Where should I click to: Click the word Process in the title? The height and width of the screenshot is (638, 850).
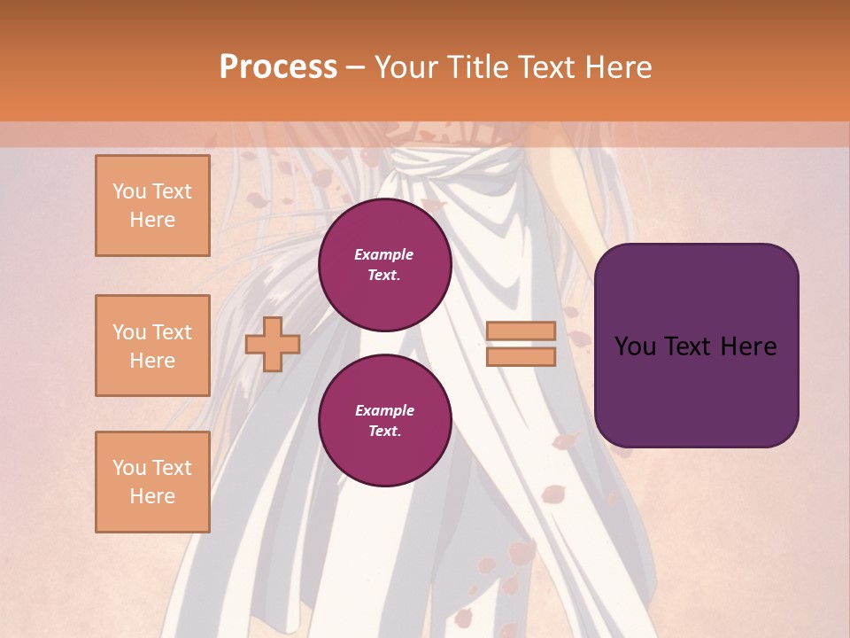(278, 67)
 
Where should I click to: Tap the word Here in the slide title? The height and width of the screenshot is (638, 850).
(614, 67)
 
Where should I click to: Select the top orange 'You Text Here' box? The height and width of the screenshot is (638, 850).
(152, 206)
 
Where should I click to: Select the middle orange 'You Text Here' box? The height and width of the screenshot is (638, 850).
(152, 346)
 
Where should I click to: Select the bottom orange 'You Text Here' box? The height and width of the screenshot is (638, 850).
(152, 482)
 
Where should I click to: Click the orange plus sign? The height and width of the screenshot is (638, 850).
(273, 344)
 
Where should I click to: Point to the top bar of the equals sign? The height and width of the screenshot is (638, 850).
(521, 331)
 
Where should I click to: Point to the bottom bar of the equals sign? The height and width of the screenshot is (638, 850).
(521, 357)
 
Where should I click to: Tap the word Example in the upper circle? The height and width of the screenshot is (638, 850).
(383, 254)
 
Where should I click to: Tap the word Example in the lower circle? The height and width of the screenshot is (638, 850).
(384, 410)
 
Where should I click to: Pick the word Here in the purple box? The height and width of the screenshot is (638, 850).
(748, 346)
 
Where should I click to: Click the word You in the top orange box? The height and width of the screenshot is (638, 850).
(128, 191)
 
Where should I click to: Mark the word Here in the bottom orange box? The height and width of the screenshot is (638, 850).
(152, 496)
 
